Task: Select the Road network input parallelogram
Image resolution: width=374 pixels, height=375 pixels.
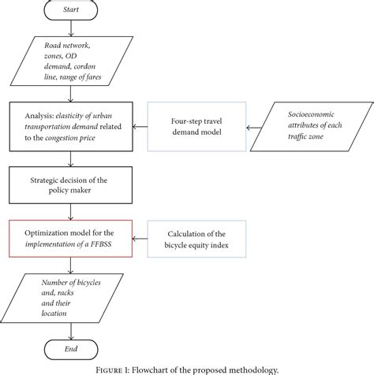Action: coord(72,61)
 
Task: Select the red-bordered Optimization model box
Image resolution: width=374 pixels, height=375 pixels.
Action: coord(72,237)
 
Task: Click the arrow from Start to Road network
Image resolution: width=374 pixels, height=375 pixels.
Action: coord(72,29)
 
